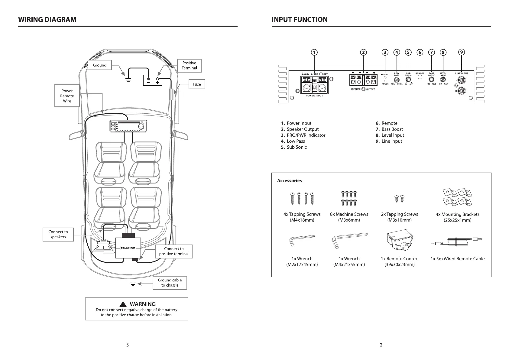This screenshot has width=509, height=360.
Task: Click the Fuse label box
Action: [197, 84]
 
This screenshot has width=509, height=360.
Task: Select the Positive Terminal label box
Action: [189, 66]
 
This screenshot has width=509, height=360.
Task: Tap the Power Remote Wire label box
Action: [67, 96]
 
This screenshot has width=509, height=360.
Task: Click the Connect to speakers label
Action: [58, 234]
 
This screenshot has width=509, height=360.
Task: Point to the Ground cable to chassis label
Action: [170, 283]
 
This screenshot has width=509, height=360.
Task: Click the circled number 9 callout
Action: [462, 52]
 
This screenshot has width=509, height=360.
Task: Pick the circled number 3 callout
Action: [385, 52]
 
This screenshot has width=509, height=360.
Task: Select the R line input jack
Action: [462, 91]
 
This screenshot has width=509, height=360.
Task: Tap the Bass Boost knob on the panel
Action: [432, 79]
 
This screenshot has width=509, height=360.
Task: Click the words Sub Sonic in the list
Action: [297, 147]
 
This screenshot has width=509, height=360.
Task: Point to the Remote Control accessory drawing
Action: [399, 242]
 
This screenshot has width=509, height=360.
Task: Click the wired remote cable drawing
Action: [457, 242]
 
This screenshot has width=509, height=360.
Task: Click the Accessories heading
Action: [290, 181]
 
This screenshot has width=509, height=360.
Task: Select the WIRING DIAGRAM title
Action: [47, 20]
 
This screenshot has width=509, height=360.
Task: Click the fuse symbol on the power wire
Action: [171, 94]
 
